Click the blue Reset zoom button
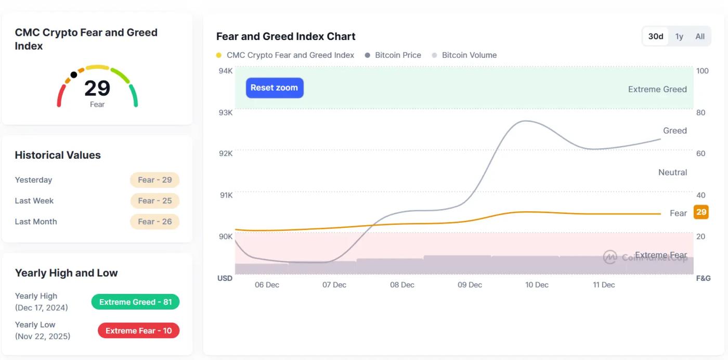pos(274,88)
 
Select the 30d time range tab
pos(656,36)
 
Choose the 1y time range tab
pos(679,36)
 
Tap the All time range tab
pos(700,36)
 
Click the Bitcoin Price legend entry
pos(398,55)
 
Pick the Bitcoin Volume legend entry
pos(469,55)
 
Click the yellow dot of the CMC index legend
pos(219,55)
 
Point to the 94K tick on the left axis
pos(226,71)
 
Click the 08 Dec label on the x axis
pos(402,285)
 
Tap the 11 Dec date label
pos(604,285)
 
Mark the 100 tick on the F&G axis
pos(702,71)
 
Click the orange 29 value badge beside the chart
pos(701,212)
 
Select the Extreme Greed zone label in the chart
pos(657,89)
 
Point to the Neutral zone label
pos(672,172)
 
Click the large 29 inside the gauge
pos(97,88)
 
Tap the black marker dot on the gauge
pos(74,75)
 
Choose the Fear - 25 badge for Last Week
pos(154,201)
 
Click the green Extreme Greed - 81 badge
pos(135,302)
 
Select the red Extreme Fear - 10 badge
pos(138,331)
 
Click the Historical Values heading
pos(58,155)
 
